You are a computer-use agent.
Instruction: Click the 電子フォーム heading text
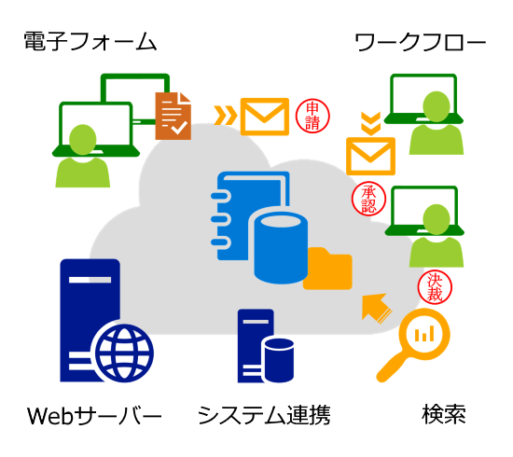tap(90, 42)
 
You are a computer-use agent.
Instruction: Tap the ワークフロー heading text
tap(421, 42)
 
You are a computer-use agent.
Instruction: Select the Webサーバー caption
tap(94, 415)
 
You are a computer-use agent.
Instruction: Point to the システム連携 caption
tap(264, 415)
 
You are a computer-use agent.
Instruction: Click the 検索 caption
tap(444, 414)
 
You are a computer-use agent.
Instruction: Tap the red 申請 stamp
tap(312, 116)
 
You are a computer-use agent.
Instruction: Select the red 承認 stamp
tap(368, 199)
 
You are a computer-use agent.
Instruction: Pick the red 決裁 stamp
tap(435, 287)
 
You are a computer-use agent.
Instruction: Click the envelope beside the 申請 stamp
tap(265, 117)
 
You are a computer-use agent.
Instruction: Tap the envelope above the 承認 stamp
tap(370, 157)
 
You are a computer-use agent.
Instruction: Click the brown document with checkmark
tap(173, 116)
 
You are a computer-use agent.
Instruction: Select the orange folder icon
tap(328, 269)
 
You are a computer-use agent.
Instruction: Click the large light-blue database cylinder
tap(281, 248)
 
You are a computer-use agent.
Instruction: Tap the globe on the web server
tap(125, 353)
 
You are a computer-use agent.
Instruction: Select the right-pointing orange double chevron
tap(226, 115)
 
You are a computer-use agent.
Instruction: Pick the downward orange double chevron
tap(370, 124)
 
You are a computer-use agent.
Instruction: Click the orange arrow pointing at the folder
tap(376, 308)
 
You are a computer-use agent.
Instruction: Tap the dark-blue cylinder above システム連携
tap(279, 360)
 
